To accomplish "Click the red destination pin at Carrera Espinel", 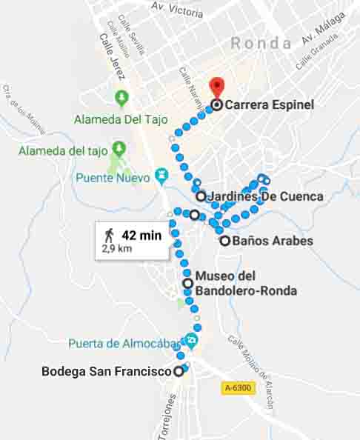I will [x=216, y=86].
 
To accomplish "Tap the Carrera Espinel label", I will [x=270, y=105].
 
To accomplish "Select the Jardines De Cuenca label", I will [x=266, y=197].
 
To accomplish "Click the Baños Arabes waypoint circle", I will [x=224, y=241].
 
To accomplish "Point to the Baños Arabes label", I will [x=273, y=241].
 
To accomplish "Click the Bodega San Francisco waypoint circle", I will [x=179, y=372].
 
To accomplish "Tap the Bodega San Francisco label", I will [x=107, y=372].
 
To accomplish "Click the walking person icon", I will [x=109, y=236].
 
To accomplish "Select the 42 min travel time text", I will [x=141, y=236].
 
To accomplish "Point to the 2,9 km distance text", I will [x=117, y=250].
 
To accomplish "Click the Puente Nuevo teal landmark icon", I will [x=159, y=177].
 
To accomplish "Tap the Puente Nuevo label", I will [x=112, y=178].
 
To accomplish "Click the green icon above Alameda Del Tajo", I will [x=121, y=97].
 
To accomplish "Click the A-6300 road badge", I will [x=237, y=387].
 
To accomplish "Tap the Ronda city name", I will [x=261, y=44].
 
